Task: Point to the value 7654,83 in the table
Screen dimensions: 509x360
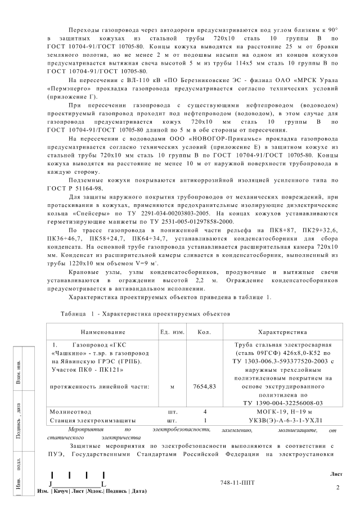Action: (204, 386)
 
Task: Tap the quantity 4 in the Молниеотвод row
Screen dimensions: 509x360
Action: (205, 412)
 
